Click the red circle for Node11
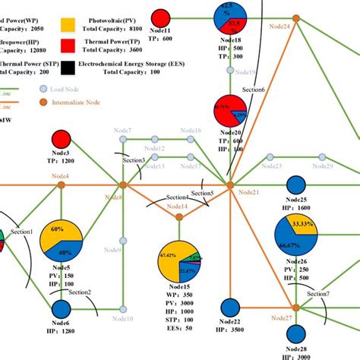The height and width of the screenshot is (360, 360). coord(160,17)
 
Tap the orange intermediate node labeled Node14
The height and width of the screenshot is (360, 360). coord(179,217)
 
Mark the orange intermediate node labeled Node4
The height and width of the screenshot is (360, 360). coord(61,185)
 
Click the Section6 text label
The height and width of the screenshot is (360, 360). coord(254,90)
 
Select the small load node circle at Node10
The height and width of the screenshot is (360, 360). coord(123,309)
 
